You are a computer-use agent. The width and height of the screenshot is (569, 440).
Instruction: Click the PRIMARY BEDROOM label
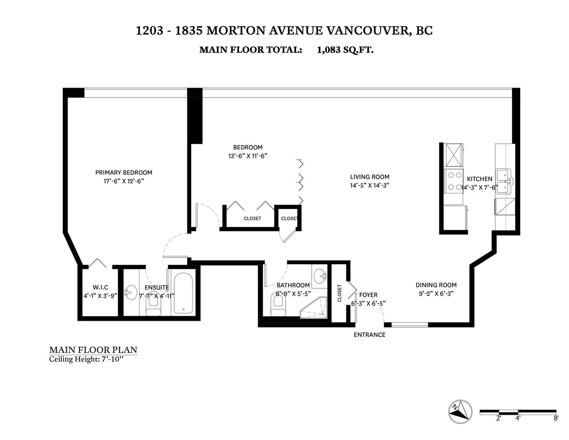click(124, 173)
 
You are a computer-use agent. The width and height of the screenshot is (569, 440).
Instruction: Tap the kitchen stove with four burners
click(453, 181)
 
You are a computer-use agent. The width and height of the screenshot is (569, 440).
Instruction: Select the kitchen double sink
click(505, 182)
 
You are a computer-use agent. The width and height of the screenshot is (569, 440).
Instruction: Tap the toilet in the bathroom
click(278, 304)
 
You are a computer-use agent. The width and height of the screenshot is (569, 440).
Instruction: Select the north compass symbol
click(460, 412)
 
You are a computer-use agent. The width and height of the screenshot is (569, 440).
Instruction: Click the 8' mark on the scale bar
click(556, 418)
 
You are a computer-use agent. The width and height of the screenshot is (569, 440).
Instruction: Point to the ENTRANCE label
click(369, 335)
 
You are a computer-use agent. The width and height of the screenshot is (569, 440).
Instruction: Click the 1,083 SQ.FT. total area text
click(345, 49)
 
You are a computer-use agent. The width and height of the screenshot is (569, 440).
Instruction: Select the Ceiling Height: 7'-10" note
click(86, 359)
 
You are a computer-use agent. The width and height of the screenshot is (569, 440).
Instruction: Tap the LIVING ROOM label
click(369, 177)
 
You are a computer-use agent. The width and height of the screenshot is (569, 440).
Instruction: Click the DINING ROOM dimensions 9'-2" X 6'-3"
click(436, 293)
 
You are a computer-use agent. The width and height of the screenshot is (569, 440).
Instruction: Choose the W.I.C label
click(100, 287)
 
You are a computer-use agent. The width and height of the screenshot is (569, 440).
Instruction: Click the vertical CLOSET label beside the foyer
click(340, 293)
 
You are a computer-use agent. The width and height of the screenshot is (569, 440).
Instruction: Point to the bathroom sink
click(320, 276)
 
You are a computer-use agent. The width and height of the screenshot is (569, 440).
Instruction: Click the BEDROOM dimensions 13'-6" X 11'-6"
click(248, 156)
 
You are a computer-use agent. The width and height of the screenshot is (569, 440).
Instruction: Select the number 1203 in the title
click(149, 31)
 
